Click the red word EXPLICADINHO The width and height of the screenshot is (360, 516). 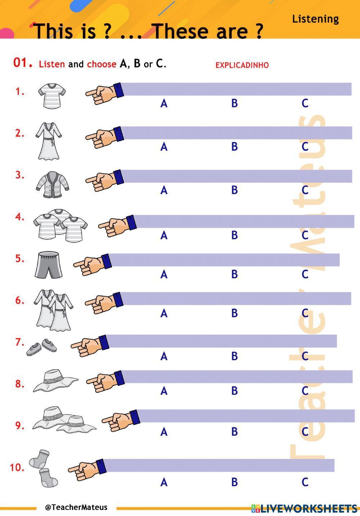click(x=242, y=65)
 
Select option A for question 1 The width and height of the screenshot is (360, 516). click(x=164, y=103)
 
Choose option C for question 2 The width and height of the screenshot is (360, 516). click(x=305, y=147)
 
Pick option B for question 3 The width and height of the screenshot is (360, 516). click(x=234, y=190)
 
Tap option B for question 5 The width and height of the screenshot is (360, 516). click(x=234, y=274)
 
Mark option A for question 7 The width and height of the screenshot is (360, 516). click(x=164, y=356)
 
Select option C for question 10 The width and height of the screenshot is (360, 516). click(x=305, y=482)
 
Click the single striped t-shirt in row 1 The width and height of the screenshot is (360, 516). click(x=52, y=96)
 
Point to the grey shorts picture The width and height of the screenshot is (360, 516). click(x=48, y=265)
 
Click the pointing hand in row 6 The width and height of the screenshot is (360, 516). click(x=104, y=303)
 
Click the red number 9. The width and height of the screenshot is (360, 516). click(x=19, y=426)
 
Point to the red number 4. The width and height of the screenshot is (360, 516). click(x=19, y=217)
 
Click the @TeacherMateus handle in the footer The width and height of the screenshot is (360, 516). click(x=76, y=507)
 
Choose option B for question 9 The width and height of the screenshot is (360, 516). click(x=234, y=431)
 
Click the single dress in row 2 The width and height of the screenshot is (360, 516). click(x=49, y=141)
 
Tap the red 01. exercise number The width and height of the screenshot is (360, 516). click(x=22, y=63)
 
